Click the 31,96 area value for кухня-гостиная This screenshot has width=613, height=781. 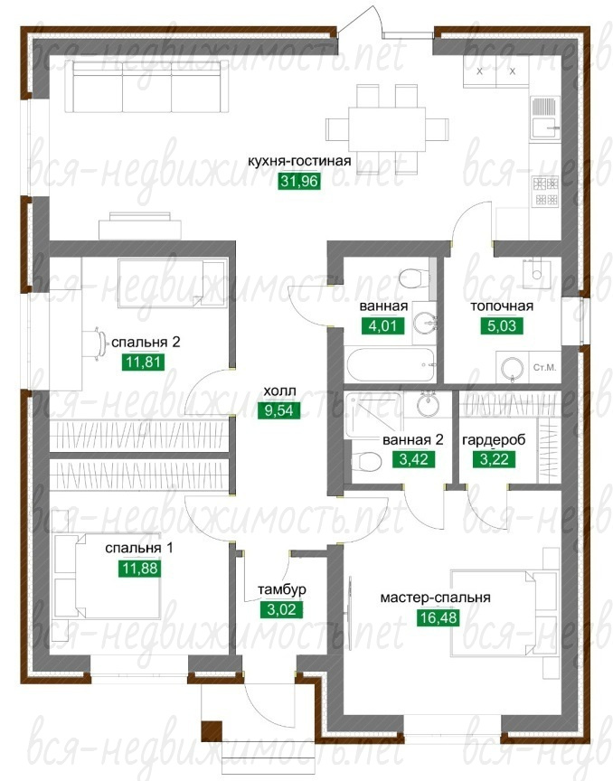coord(298,181)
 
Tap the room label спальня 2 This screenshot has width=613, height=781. coord(146,343)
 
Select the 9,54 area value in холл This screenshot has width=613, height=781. coord(279,410)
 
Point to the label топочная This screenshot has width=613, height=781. coord(502,306)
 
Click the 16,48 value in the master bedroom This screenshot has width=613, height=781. coord(437,617)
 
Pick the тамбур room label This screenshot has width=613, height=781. coord(281,589)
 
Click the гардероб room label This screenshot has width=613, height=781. coord(494,440)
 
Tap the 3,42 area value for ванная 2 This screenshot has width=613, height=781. coord(414,458)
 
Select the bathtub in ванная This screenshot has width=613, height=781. coord(391,364)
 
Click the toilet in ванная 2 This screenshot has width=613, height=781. coord(366,461)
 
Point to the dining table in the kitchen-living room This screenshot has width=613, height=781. coord(387,129)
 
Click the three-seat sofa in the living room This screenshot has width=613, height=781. coord(146,87)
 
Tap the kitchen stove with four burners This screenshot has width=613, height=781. coord(546,192)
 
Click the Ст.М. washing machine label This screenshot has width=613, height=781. coord(544,368)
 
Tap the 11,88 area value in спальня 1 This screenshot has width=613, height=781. coord(139,568)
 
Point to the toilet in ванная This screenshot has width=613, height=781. coord(415,278)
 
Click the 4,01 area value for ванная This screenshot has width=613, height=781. coord(382,325)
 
